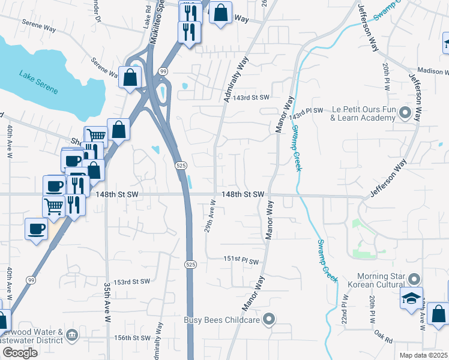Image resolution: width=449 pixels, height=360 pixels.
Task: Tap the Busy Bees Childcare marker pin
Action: (x=269, y=319)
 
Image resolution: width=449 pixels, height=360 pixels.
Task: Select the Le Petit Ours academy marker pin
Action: (x=405, y=113)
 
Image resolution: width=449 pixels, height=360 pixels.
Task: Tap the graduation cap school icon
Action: (x=411, y=299)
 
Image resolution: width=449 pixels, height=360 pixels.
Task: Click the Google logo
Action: (x=20, y=353)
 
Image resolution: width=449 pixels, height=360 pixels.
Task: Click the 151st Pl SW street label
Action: (x=241, y=261)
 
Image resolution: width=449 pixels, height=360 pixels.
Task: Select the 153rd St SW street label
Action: (x=131, y=281)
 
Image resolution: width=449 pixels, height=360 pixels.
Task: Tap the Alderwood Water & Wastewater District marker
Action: (x=72, y=335)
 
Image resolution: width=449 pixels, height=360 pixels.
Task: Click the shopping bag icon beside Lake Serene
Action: (x=130, y=77)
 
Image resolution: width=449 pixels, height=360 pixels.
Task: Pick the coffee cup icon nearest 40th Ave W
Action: (x=36, y=229)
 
